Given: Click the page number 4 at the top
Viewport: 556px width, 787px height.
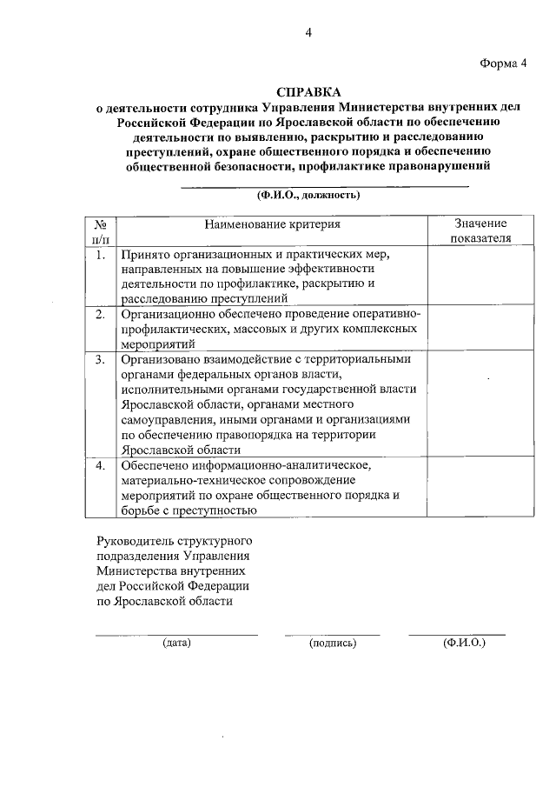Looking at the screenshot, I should pos(308,33).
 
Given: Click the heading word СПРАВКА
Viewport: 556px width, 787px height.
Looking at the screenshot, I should pos(309,91).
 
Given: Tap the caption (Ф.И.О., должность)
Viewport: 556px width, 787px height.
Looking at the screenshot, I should pos(308,195).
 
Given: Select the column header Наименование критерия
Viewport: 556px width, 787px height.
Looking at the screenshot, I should pos(272,224).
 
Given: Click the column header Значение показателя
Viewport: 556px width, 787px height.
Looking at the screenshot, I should pos(474,231).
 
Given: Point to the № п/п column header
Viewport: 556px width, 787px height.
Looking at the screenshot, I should pos(100,231).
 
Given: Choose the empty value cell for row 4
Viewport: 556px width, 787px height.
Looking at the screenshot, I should pos(474,488).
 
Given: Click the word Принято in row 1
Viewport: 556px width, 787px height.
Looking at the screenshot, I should pos(144,256).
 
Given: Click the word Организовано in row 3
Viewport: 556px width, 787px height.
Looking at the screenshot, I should pos(161,358).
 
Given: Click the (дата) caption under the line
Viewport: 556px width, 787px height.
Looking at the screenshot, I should pos(176,644).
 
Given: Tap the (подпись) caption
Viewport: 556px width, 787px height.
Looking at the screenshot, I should pos(333,644).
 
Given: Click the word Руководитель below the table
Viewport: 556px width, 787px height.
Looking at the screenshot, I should pos(136,541).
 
